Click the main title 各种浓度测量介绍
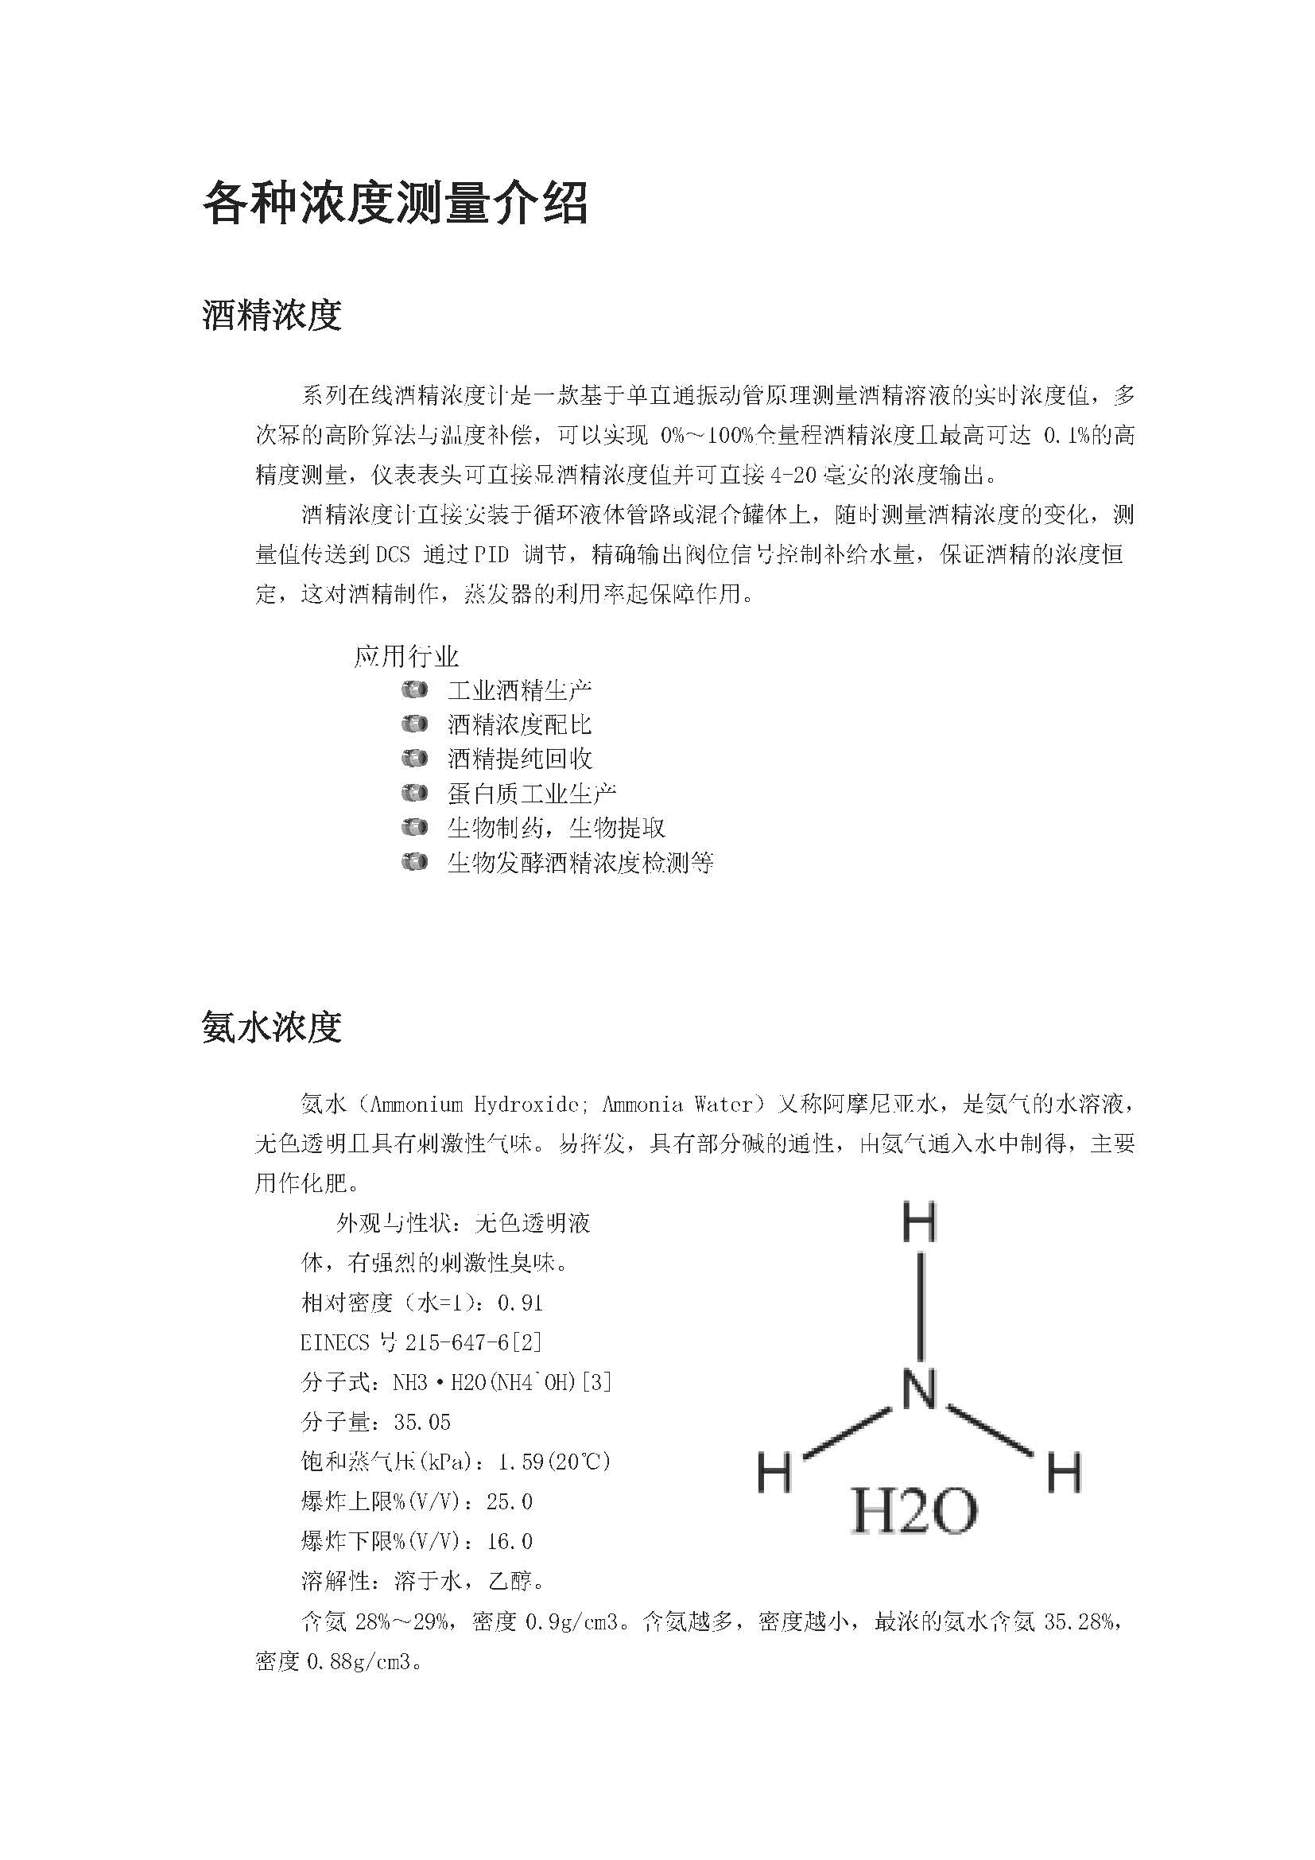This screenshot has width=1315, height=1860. [394, 203]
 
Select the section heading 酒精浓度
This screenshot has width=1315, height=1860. [271, 315]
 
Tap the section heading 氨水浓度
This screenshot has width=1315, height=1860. [271, 1027]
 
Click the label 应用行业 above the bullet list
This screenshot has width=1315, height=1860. [406, 656]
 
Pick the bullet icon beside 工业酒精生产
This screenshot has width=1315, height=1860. [414, 690]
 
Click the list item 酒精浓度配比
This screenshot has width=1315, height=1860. [520, 724]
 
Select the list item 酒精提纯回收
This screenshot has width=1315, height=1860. [520, 759]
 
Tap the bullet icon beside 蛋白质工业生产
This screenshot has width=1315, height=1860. [414, 793]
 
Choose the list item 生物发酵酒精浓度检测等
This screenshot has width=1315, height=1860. [580, 863]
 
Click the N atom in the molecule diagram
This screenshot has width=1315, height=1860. [919, 1389]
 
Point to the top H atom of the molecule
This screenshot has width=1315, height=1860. [919, 1223]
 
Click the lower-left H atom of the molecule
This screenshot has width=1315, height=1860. [774, 1473]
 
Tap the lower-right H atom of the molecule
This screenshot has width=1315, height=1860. [1065, 1473]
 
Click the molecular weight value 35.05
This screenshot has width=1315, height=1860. [422, 1422]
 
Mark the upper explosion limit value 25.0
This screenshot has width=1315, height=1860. [510, 1501]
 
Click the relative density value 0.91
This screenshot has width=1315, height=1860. [520, 1303]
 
